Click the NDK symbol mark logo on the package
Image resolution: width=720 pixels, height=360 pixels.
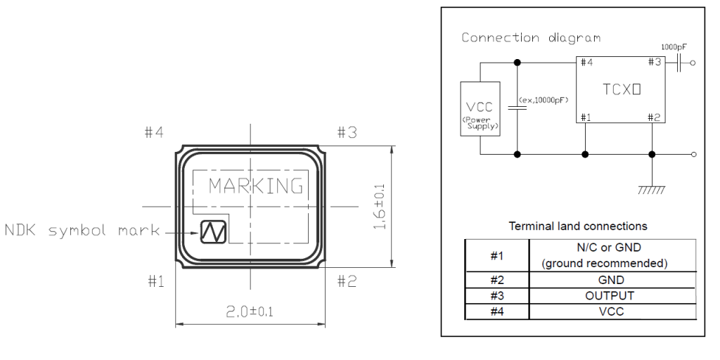point(212,231)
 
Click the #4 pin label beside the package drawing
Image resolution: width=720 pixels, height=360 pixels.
point(154,132)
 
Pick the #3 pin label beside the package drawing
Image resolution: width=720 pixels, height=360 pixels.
point(347,132)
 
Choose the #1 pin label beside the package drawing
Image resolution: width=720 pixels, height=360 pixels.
point(155,281)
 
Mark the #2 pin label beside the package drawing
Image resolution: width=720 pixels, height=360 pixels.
point(347,281)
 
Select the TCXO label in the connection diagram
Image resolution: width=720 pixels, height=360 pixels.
point(622,91)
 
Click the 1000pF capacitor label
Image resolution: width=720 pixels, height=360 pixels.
point(674,46)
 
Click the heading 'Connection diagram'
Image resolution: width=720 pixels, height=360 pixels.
point(531,37)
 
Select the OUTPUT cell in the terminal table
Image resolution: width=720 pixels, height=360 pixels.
point(610,295)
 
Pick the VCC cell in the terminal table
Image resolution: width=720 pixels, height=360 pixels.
point(610,311)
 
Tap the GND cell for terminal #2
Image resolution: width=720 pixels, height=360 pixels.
point(610,279)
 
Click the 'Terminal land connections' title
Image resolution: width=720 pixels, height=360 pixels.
point(578,226)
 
